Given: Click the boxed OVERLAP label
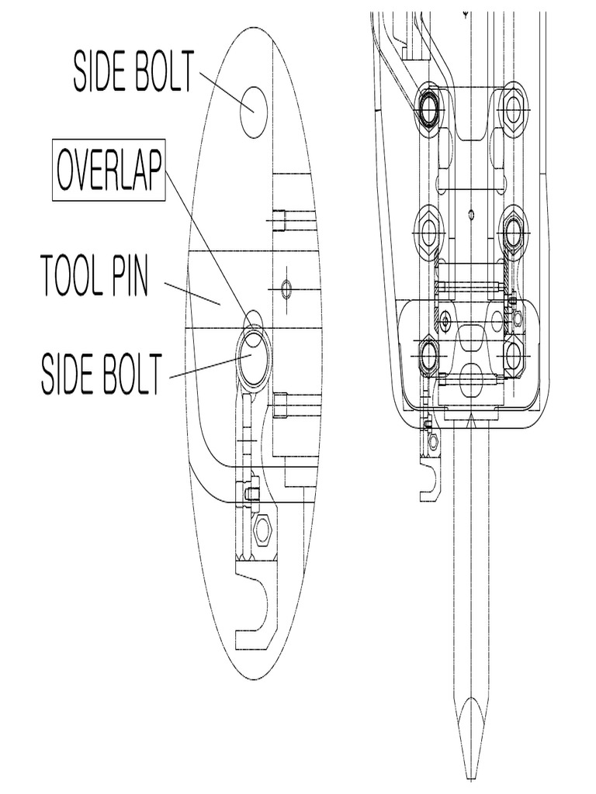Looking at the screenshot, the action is pyautogui.click(x=109, y=170).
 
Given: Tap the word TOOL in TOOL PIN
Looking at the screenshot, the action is pyautogui.click(x=71, y=277).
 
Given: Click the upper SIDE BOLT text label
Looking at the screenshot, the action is pyautogui.click(x=134, y=71).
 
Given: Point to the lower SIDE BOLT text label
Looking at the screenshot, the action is pyautogui.click(x=102, y=374).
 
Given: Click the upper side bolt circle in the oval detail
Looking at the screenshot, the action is pyautogui.click(x=253, y=112).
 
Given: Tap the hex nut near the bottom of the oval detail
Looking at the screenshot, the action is pyautogui.click(x=263, y=530).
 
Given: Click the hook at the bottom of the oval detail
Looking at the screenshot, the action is pyautogui.click(x=256, y=608).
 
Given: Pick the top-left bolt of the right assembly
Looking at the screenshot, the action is pyautogui.click(x=428, y=106).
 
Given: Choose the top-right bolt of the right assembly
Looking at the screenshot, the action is pyautogui.click(x=512, y=107).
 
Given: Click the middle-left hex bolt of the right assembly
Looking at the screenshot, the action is pyautogui.click(x=428, y=232).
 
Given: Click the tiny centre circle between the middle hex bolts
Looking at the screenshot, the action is pyautogui.click(x=471, y=214).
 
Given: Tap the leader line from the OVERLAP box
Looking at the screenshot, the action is pyautogui.click(x=208, y=249).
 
